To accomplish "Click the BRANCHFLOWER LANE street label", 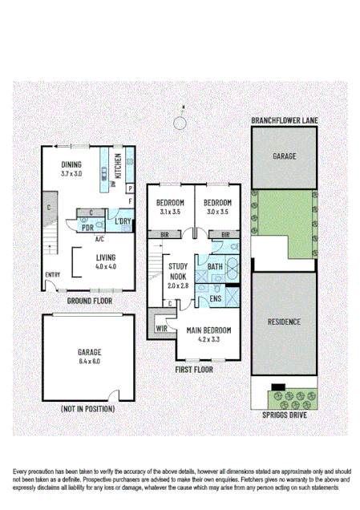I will click(284, 121).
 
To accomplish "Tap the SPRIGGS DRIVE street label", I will click(284, 416).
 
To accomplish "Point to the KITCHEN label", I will click(117, 165).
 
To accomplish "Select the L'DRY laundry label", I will click(123, 221).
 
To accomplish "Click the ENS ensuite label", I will click(216, 298).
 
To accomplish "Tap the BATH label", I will click(216, 266).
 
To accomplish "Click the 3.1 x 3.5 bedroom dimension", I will click(171, 212).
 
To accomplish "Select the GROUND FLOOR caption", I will click(89, 300).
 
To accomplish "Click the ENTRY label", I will click(52, 275).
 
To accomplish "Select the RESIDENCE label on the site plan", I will click(284, 322).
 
